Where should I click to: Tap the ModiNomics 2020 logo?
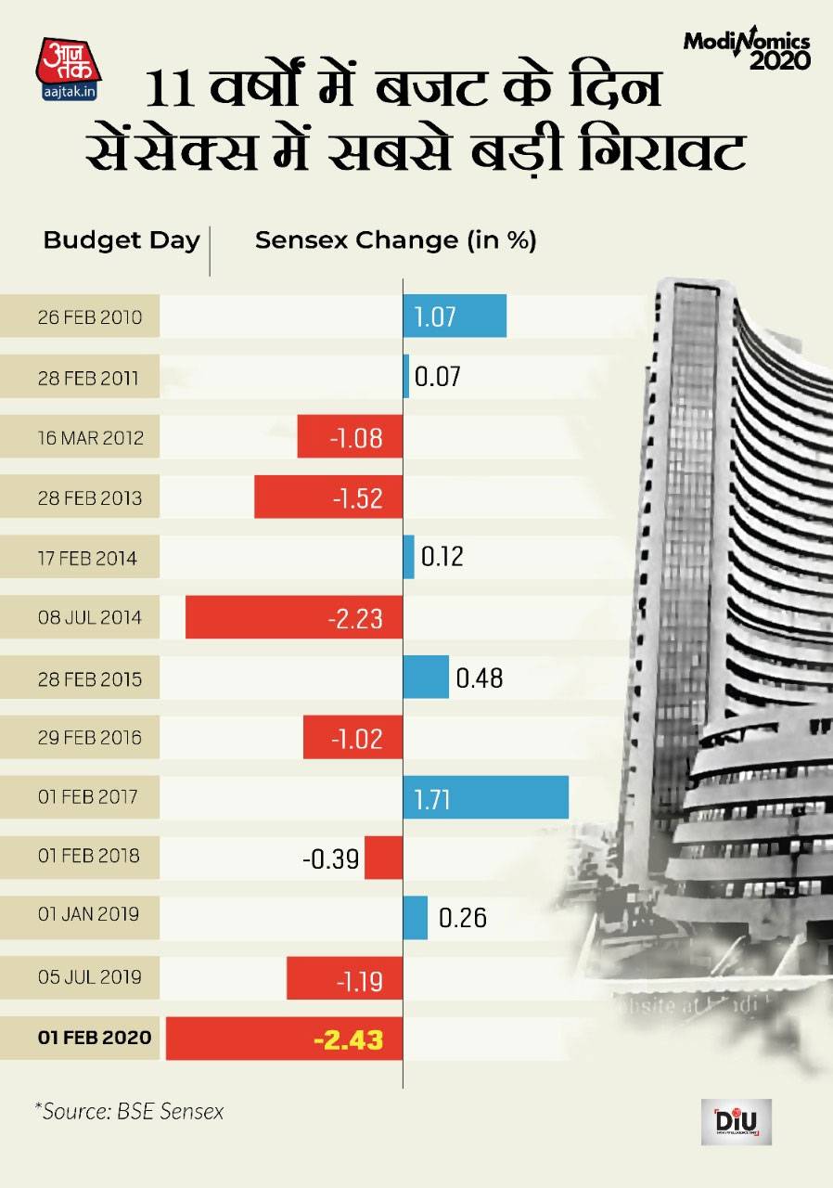(746, 51)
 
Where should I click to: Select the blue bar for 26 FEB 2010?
(455, 316)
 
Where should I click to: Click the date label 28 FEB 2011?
(89, 378)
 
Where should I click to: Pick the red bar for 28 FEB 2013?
(328, 497)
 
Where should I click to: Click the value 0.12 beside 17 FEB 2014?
(442, 557)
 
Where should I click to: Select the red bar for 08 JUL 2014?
(294, 618)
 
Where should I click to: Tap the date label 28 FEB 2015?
(89, 678)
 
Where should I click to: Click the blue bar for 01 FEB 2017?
(485, 798)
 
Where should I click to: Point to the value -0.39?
(330, 859)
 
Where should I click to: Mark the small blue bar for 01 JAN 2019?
(415, 918)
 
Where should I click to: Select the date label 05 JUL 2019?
(89, 978)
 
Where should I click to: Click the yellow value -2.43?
(347, 1039)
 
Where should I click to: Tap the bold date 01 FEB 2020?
(94, 1038)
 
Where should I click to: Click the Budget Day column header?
(122, 241)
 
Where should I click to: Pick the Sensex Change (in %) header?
(396, 241)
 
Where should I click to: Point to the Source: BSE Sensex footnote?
(130, 1111)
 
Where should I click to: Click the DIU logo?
(737, 1123)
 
